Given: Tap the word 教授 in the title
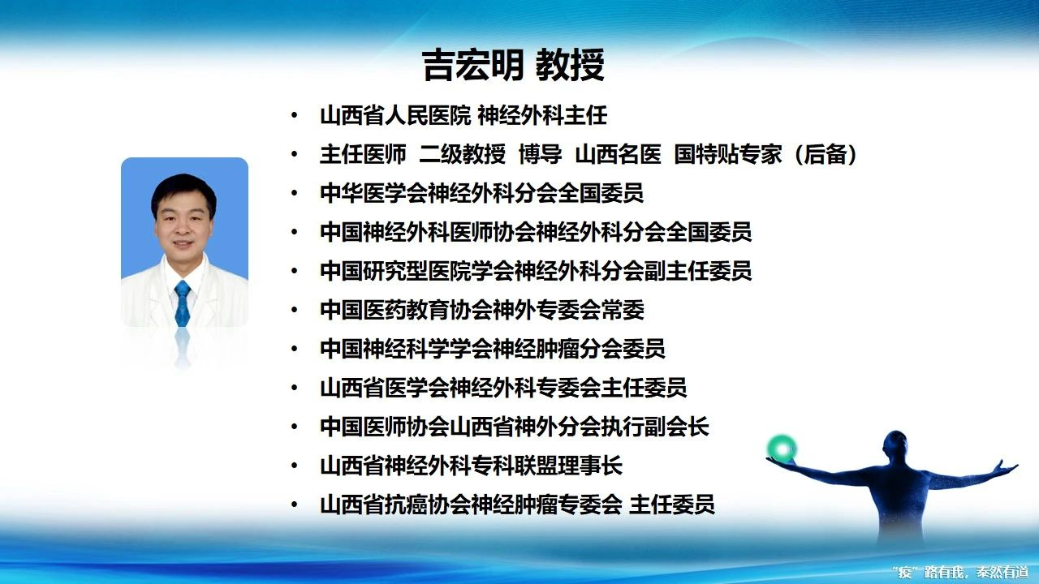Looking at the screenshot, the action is tap(570, 66).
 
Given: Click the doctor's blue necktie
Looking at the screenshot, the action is tap(183, 303).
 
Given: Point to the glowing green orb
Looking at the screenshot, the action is tap(782, 448).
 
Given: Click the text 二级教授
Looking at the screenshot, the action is tap(463, 154).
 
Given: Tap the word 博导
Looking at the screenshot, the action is tap(541, 154).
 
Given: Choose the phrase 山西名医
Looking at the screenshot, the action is tap(619, 154).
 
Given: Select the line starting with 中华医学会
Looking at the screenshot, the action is tap(482, 193).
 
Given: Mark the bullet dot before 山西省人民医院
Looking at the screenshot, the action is tap(294, 116).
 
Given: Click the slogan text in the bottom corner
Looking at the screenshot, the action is tap(963, 572).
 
